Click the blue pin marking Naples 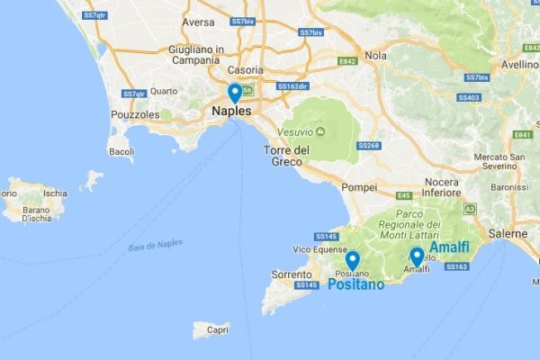click(x=235, y=93)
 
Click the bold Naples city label click(x=232, y=112)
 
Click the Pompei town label click(x=360, y=187)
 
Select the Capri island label click(x=217, y=329)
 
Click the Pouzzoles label click(x=134, y=115)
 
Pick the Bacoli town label click(x=121, y=151)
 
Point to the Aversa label click(x=198, y=22)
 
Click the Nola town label click(x=375, y=55)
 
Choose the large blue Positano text click(x=355, y=285)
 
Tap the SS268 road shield click(x=371, y=146)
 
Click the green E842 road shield click(x=349, y=62)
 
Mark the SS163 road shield click(x=457, y=266)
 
